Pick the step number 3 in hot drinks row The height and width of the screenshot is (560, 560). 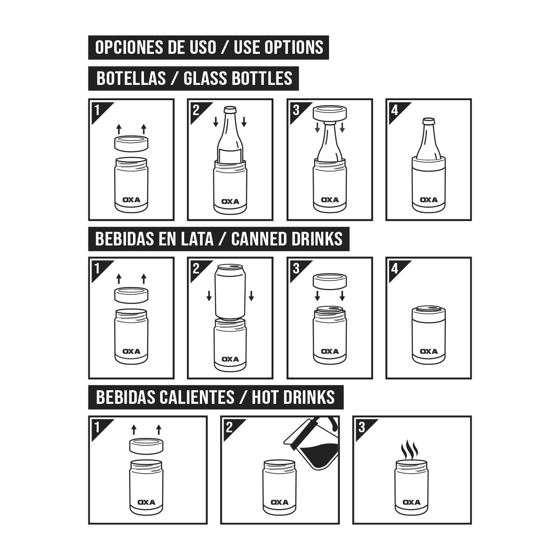pyautogui.click(x=361, y=427)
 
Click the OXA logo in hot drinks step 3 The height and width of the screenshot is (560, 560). pyautogui.click(x=411, y=502)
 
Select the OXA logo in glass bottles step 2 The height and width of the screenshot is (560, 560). pyautogui.click(x=230, y=202)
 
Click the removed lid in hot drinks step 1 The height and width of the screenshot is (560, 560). pyautogui.click(x=147, y=445)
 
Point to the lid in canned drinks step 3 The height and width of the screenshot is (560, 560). pyautogui.click(x=330, y=281)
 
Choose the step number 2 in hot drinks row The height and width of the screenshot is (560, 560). pyautogui.click(x=229, y=427)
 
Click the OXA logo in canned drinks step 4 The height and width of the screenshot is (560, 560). pyautogui.click(x=428, y=351)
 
